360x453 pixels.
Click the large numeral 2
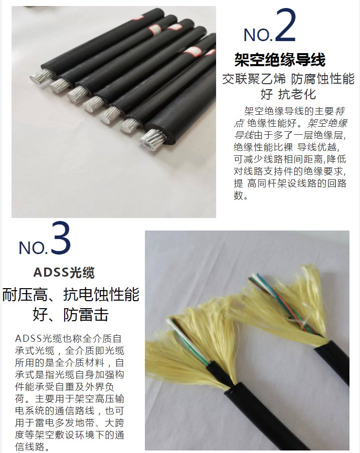pyautogui.click(x=285, y=25)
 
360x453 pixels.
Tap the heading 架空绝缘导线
pyautogui.click(x=280, y=60)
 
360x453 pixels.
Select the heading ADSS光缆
pyautogui.click(x=64, y=272)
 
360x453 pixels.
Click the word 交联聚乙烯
pyautogui.click(x=254, y=79)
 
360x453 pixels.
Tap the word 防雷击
pyautogui.click(x=86, y=315)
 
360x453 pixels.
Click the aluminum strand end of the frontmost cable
pyautogui.click(x=151, y=140)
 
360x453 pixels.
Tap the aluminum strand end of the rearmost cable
pyautogui.click(x=41, y=76)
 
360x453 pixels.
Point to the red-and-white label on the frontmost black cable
pyautogui.click(x=196, y=52)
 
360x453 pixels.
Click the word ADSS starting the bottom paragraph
pyautogui.click(x=29, y=338)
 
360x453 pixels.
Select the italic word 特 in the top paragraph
pyautogui.click(x=340, y=111)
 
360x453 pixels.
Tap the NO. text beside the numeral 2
pyautogui.click(x=258, y=35)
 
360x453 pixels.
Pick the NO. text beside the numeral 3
pyautogui.click(x=33, y=248)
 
